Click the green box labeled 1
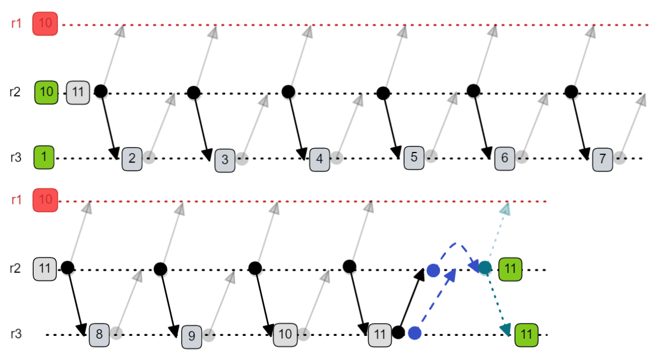pyautogui.click(x=44, y=158)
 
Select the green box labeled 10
pyautogui.click(x=47, y=92)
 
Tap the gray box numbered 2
pyautogui.click(x=132, y=158)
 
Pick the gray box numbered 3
pyautogui.click(x=225, y=159)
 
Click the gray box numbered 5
pyautogui.click(x=414, y=158)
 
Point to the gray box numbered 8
pyautogui.click(x=99, y=335)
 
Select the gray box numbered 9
pyautogui.click(x=192, y=336)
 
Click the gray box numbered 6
pyautogui.click(x=504, y=159)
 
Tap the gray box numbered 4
pyautogui.click(x=319, y=159)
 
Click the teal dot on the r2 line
pyautogui.click(x=485, y=268)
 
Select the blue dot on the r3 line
pyautogui.click(x=415, y=333)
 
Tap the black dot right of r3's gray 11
pyautogui.click(x=398, y=333)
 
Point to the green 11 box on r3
pyautogui.click(x=526, y=335)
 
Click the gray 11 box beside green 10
pyautogui.click(x=78, y=92)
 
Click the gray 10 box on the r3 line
pyautogui.click(x=285, y=335)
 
